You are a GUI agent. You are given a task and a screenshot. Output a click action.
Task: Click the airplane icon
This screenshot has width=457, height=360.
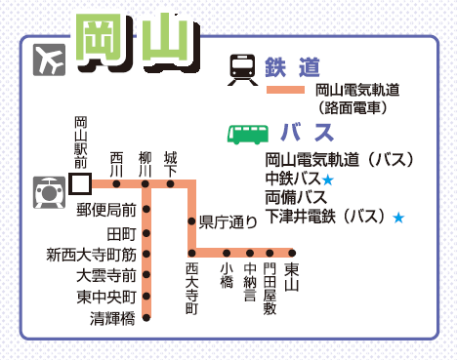point(49,60)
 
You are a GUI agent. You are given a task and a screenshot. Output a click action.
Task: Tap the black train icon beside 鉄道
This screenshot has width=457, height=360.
point(242,69)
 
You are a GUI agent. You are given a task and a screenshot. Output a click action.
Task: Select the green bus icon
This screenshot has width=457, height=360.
point(248,135)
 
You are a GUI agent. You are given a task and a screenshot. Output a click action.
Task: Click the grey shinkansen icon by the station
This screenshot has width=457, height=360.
point(49,192)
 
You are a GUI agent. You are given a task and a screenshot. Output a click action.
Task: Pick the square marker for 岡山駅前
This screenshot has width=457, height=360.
point(80,183)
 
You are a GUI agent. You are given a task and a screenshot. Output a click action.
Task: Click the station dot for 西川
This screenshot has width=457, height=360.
point(116,184)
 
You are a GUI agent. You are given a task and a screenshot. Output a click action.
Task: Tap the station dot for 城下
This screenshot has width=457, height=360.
point(170,184)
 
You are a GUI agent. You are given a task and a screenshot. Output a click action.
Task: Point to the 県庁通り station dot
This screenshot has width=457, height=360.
point(191,221)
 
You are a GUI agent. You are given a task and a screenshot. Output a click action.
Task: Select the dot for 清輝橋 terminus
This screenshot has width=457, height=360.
point(146,317)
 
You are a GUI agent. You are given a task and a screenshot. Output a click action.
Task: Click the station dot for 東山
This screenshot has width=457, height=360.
point(292,253)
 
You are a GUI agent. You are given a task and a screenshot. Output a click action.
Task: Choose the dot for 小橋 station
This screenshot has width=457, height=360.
point(227,253)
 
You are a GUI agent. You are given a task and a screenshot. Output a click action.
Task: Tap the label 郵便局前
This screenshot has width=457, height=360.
point(106,210)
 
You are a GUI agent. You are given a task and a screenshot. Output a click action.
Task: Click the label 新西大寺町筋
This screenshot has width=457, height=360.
point(92,255)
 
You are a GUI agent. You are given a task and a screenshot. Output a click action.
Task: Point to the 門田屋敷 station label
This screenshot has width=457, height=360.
point(270,289)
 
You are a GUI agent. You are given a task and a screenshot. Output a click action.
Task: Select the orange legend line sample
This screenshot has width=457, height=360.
point(285,90)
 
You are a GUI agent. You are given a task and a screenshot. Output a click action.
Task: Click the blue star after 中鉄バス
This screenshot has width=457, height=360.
point(328,180)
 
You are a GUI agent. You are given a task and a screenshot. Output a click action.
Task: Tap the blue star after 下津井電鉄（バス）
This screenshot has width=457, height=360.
point(398,218)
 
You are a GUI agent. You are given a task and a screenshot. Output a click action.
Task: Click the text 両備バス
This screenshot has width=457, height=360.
point(296,197)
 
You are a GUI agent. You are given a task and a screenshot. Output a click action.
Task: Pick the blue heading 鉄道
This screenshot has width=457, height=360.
point(292,67)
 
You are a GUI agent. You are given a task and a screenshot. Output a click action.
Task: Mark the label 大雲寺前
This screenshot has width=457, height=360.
point(106,276)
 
